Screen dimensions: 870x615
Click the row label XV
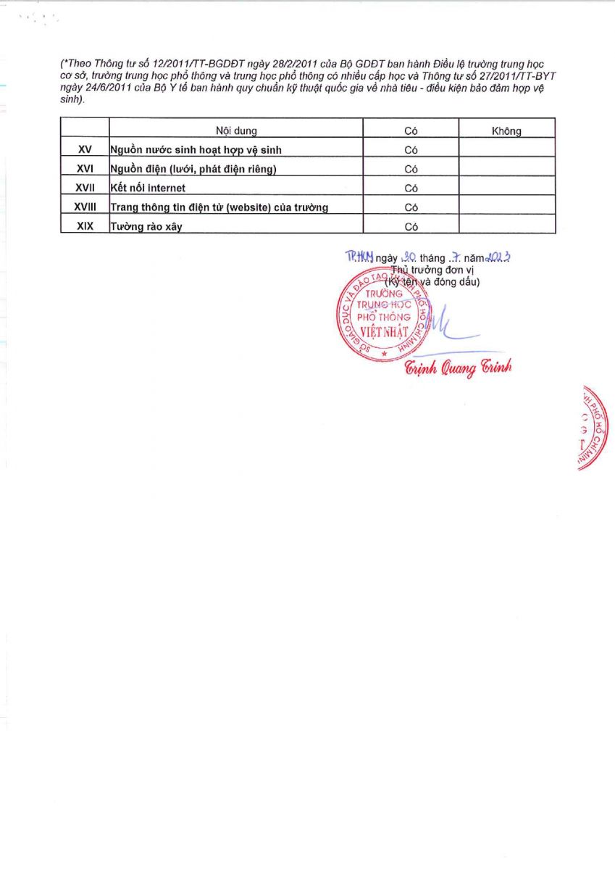pos(84,150)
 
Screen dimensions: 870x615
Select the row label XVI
pos(84,169)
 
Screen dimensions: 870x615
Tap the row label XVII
pos(85,188)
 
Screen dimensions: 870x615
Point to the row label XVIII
pos(85,207)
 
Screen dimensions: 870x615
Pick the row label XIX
pos(85,225)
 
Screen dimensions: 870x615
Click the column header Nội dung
pos(236,131)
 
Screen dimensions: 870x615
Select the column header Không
pos(506,131)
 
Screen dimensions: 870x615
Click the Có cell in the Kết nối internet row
pos(411,188)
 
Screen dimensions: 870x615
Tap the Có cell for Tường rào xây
pos(411,226)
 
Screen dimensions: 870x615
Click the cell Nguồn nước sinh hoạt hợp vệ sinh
pos(196,150)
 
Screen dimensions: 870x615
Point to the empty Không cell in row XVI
pos(506,169)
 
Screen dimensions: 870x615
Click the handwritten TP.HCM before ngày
pos(359,257)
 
